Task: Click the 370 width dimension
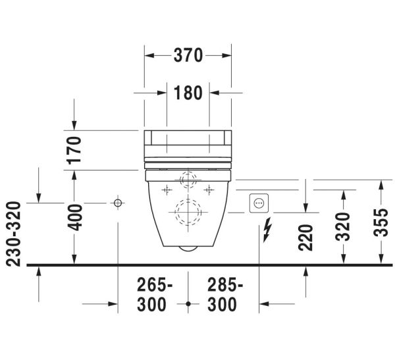pyautogui.click(x=188, y=55)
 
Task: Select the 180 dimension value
pyautogui.click(x=188, y=93)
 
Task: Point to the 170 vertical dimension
pyautogui.click(x=74, y=151)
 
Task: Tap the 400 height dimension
pyautogui.click(x=75, y=218)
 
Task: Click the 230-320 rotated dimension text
pyautogui.click(x=13, y=234)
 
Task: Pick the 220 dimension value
pyautogui.click(x=305, y=238)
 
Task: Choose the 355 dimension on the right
pyautogui.click(x=381, y=222)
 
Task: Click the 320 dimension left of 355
pyautogui.click(x=343, y=227)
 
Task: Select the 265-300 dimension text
pyautogui.click(x=155, y=295)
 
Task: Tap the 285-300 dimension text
pyautogui.click(x=225, y=295)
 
